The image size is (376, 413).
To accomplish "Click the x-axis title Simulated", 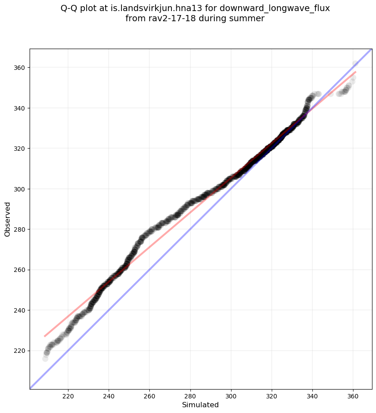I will (x=201, y=405).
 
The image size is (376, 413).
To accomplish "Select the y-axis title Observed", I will (x=8, y=219).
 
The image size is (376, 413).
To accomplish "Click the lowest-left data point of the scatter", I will (x=45, y=359).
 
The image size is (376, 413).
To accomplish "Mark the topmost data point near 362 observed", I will (x=355, y=64).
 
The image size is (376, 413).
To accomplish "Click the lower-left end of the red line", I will (x=45, y=337).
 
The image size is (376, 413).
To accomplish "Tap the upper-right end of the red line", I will (x=356, y=72).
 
